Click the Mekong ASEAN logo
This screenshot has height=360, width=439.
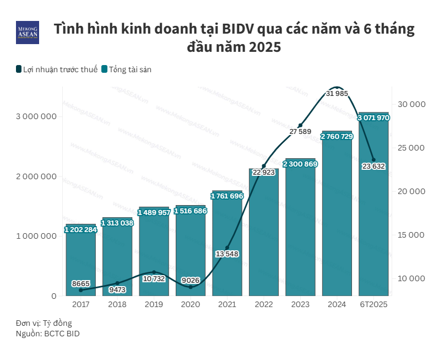(x=28, y=33)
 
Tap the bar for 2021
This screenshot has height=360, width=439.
(x=227, y=248)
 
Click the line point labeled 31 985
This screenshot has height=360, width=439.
(x=337, y=88)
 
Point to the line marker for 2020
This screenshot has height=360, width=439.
(x=191, y=287)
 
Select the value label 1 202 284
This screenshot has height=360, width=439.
(x=80, y=230)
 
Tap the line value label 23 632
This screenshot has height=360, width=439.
(x=373, y=166)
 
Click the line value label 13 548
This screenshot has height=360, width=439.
(x=227, y=254)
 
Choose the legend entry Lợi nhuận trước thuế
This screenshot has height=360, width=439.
(x=57, y=69)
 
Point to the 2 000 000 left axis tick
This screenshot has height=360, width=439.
(x=34, y=176)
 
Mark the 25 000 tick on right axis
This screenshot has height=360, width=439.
(x=411, y=148)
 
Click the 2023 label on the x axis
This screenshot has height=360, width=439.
(x=300, y=304)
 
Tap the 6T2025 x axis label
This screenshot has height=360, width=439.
(x=373, y=304)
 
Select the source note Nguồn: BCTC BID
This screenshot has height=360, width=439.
(x=47, y=334)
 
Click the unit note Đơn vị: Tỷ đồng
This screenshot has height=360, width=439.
(x=44, y=323)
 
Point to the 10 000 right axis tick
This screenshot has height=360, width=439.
(x=411, y=278)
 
